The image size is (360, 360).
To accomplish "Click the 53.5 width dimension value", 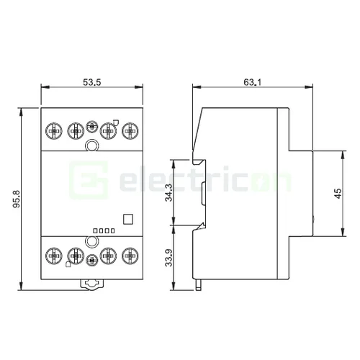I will coord(91,83).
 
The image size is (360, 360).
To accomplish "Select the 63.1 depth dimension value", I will coord(251,83).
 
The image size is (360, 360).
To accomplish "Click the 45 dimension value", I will coord(338,194).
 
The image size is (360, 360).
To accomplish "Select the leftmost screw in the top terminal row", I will coord(53,130).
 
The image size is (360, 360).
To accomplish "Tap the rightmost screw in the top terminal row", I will coord(130,130).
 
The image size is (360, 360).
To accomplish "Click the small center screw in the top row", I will coord(91,127).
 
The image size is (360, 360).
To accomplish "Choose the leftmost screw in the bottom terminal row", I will coord(53,255).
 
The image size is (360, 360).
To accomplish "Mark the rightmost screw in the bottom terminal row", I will coord(130,255).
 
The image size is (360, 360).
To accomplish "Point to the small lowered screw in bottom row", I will coord(91,261).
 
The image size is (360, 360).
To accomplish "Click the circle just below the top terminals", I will coord(91,147).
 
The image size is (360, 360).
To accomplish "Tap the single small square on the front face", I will coord(128,220).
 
